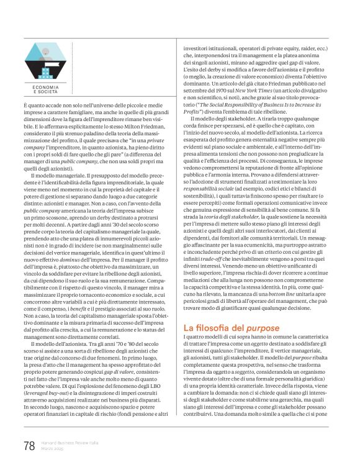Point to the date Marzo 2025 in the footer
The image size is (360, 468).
[x=54, y=449]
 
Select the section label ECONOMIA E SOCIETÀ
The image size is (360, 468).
[x=45, y=89]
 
